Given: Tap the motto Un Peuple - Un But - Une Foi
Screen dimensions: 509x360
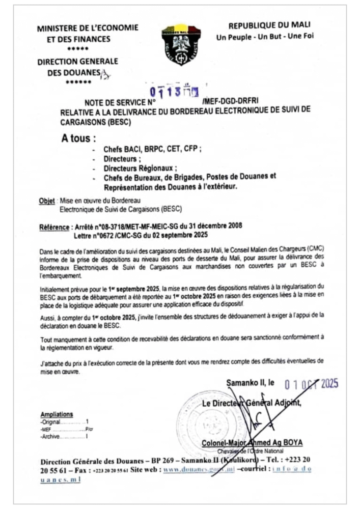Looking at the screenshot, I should [x=269, y=37].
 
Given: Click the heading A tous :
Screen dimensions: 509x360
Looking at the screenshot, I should [x=78, y=138].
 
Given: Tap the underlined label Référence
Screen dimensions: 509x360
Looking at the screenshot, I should [x=54, y=225].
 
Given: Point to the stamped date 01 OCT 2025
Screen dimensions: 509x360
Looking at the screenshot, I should [x=311, y=384].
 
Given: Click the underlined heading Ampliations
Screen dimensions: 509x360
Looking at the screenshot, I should [x=57, y=415].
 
